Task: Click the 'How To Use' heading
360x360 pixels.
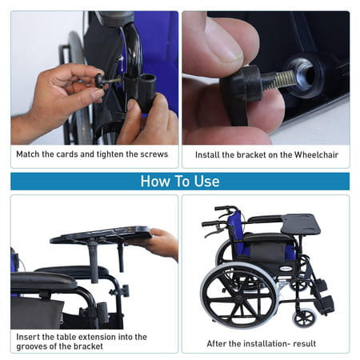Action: click(x=180, y=182)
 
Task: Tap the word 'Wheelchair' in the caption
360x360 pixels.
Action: click(x=316, y=154)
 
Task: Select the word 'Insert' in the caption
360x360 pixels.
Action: click(x=27, y=337)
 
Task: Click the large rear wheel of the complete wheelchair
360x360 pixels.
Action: click(x=239, y=295)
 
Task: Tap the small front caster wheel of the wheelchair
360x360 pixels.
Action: click(x=304, y=318)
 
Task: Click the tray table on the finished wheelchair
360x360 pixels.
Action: click(x=301, y=225)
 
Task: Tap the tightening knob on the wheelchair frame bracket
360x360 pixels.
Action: click(x=125, y=291)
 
